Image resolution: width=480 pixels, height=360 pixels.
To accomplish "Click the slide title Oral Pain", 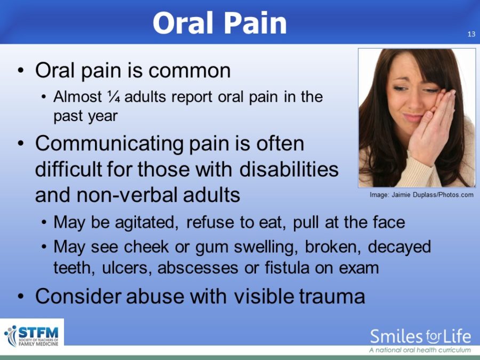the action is pos(220,23).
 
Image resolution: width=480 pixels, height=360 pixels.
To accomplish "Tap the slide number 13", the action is pos(471,34).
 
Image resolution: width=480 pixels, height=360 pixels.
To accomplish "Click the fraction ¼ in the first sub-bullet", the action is pos(114,97).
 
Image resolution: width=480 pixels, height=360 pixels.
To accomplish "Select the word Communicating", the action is pos(109,144).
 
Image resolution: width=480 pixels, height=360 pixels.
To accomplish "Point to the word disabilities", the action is pos(289,169).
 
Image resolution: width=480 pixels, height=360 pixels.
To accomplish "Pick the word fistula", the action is pos(287,267).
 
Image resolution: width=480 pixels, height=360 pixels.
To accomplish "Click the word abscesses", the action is pos(197,267).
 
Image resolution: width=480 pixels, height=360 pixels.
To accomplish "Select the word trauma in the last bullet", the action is pos(332,297).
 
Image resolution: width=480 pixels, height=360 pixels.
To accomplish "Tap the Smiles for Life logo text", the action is pos(420,337).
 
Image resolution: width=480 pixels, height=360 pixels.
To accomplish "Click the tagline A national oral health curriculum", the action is pos(420,350).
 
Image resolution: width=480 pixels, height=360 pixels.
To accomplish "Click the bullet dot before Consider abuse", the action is pos(20,297).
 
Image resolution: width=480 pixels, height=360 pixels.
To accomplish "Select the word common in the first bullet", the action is pos(189,71).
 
